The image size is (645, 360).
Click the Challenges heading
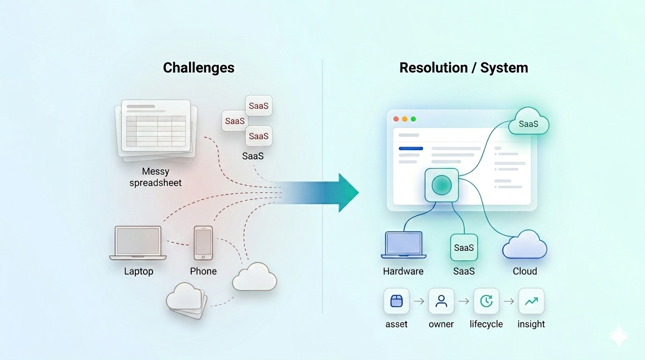pos(198,67)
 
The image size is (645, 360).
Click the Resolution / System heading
pos(464,67)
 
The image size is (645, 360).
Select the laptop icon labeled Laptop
pos(138,242)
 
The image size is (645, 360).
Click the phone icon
pos(203,242)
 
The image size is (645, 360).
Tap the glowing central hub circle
pos(441,186)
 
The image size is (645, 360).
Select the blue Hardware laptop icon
pos(404,245)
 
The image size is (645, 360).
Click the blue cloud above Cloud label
pos(525,245)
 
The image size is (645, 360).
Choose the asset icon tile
pos(397,301)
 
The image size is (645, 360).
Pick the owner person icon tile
pos(441,301)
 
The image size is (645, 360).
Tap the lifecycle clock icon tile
pos(486,301)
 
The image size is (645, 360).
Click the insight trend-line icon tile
pos(531,301)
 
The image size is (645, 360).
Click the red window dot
pos(396,119)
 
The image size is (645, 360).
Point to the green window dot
pos(413,119)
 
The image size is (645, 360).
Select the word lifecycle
pos(486,324)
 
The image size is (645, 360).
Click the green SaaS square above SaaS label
pos(464,247)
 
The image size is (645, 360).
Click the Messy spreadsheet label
pos(156,177)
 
